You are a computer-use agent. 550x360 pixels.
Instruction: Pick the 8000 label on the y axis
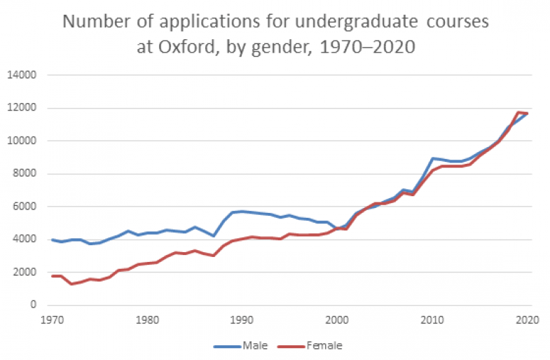[25, 174]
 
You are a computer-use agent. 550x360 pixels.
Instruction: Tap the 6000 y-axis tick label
[25, 207]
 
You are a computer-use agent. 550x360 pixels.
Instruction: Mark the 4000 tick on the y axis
[25, 240]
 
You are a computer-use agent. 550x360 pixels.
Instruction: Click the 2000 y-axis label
[25, 272]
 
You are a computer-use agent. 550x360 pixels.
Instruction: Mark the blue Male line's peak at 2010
[433, 158]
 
